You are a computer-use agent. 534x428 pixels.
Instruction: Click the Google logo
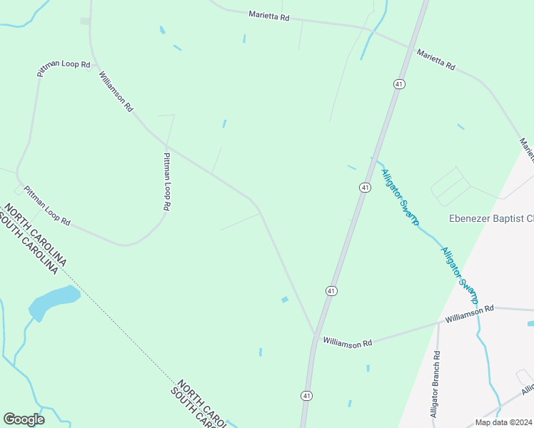24,419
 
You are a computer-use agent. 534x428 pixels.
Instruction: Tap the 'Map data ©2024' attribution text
503,422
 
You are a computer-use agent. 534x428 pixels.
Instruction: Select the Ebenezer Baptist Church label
490,218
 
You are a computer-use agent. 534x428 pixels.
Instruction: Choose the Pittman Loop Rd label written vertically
167,181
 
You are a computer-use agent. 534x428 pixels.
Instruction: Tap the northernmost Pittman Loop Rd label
64,69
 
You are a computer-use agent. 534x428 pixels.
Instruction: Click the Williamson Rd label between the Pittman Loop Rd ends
116,92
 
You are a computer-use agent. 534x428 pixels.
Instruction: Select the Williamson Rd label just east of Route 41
348,342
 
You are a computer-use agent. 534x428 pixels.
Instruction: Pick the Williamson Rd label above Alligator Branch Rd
470,314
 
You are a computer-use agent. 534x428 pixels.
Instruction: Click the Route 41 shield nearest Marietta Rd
398,84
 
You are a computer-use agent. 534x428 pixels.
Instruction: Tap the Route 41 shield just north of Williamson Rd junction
331,290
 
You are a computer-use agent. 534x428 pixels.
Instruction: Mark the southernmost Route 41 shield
306,395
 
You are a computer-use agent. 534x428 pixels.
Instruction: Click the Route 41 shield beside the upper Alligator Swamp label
364,187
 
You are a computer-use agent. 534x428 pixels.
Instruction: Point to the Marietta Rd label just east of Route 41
436,59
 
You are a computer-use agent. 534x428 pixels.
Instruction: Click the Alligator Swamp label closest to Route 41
400,198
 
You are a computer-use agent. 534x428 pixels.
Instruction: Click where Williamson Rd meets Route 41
314,335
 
